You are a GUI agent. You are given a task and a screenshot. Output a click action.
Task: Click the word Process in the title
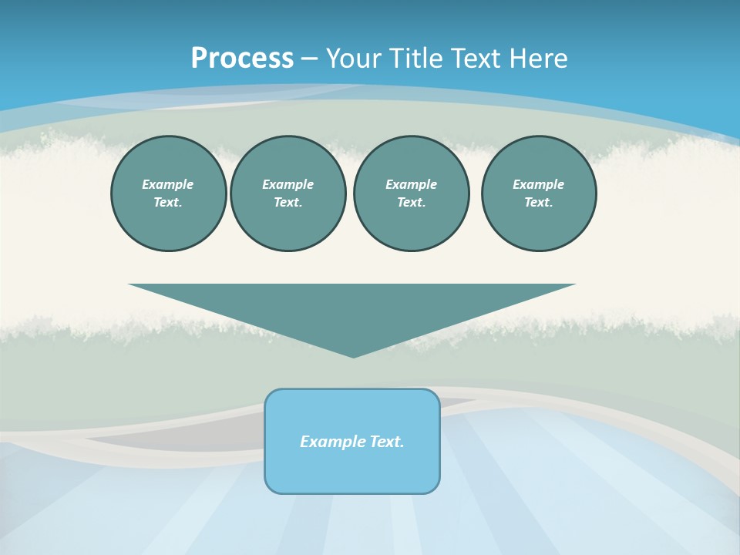(242, 59)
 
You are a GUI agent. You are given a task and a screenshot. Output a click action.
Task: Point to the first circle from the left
(168, 193)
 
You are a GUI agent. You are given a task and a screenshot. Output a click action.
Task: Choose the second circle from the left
(288, 193)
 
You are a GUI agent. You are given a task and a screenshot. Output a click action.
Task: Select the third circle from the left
(411, 193)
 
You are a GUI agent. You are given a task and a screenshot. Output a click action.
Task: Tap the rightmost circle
(538, 193)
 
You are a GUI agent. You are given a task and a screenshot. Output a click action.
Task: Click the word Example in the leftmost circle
(168, 184)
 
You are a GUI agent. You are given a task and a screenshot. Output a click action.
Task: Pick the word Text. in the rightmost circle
(538, 203)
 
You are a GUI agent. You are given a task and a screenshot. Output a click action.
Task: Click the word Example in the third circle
(411, 184)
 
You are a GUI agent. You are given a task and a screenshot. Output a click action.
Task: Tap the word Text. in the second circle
(288, 203)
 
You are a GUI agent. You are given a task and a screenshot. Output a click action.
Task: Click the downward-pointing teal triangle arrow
(352, 308)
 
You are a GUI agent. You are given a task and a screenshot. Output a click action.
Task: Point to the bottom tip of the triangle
(353, 355)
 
